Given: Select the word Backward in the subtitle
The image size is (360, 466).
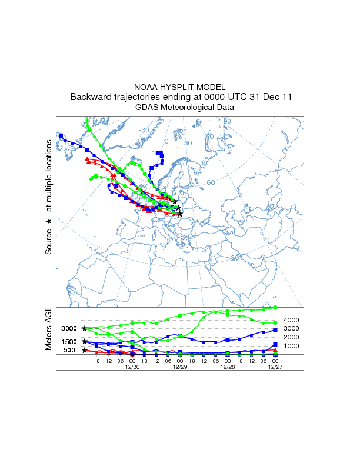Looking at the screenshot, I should tap(90, 97).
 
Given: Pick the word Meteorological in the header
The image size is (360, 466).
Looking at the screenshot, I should tap(189, 108).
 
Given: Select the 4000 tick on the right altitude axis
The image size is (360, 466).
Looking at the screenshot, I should tap(292, 319).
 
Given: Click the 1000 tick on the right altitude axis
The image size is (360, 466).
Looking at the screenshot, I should tap(292, 346).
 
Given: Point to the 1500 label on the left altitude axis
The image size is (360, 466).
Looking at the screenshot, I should tap(69, 342).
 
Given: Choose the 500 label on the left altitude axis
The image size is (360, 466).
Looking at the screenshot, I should tap(69, 351).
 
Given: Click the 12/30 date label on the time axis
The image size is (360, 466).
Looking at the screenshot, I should tap(132, 367).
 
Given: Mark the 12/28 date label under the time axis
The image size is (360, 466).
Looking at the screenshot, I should tap(227, 367).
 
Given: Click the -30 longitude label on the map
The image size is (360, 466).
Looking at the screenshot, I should tap(144, 130).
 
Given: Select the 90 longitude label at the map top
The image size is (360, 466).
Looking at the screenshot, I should tap(227, 122).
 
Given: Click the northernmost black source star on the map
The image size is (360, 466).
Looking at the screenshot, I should tap(175, 201).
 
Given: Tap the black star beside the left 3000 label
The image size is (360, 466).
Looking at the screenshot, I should tap(84, 328).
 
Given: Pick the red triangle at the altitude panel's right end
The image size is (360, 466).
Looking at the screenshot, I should tap(275, 350).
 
